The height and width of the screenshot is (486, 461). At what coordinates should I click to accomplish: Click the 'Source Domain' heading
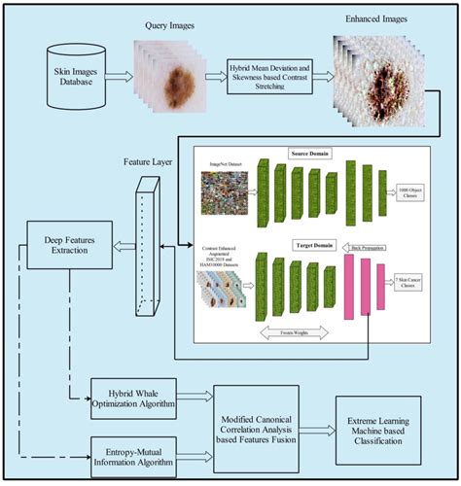pos(311,155)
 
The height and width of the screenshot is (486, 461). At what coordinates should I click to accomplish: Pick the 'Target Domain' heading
pos(310,247)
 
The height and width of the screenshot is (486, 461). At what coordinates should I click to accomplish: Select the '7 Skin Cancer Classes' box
pos(416,284)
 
